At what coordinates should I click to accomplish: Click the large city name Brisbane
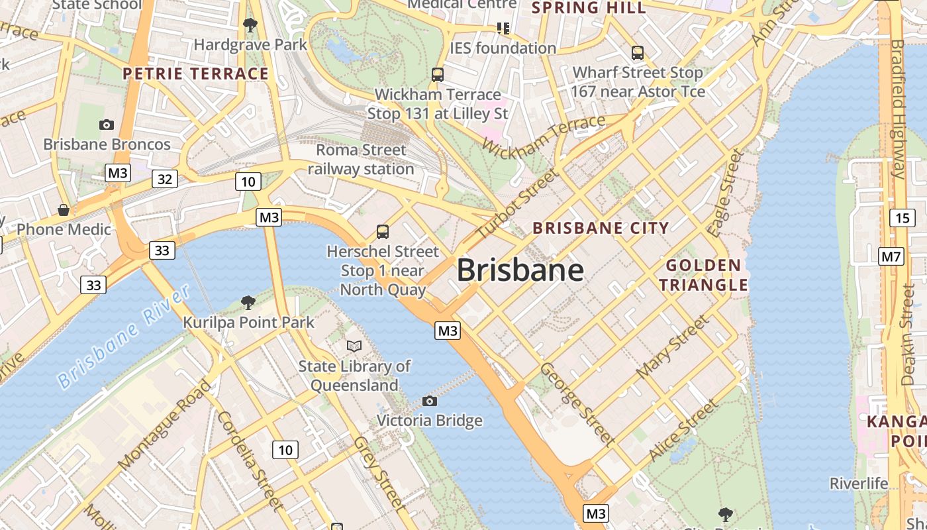point(520,270)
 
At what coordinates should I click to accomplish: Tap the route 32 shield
point(165,179)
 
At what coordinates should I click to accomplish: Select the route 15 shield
point(903,218)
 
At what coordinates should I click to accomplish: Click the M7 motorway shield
point(891,256)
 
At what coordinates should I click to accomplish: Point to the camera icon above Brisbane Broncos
point(106,125)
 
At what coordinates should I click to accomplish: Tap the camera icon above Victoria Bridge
point(430,401)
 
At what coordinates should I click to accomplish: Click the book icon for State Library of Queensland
point(354,346)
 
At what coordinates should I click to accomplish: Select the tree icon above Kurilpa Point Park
point(248,303)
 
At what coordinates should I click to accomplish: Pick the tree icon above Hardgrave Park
point(250,25)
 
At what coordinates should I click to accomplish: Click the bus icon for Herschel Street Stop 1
point(383,231)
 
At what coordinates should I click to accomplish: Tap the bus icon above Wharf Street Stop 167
point(638,53)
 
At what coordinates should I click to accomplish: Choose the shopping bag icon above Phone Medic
point(64,210)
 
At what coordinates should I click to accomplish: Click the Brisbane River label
point(124,337)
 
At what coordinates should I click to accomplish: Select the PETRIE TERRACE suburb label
point(196,74)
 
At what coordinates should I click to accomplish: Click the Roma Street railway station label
point(361,160)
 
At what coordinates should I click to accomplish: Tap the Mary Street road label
point(672,348)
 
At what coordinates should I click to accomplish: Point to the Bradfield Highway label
point(897,109)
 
